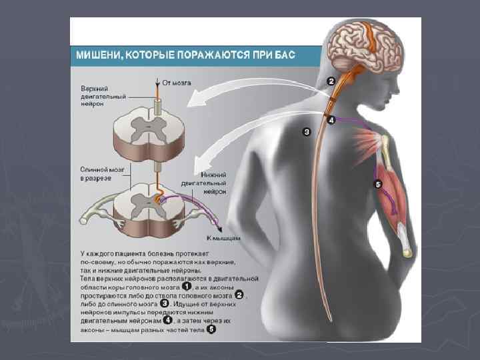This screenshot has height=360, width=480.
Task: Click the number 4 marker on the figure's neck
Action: click(x=331, y=121)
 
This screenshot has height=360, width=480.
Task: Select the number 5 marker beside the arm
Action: click(x=378, y=184)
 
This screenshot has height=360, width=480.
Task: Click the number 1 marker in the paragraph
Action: click(x=187, y=287)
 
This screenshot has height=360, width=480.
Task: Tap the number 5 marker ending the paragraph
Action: click(x=211, y=329)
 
